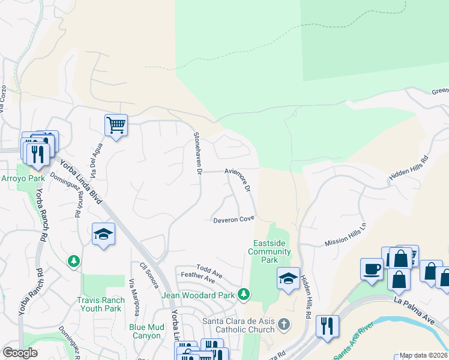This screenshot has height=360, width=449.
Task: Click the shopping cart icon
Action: coord(116,125)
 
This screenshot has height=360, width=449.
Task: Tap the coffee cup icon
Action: coord(372,268)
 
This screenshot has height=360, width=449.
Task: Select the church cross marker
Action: coord(284,325)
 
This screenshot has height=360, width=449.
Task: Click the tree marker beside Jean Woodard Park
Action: coord(243,293)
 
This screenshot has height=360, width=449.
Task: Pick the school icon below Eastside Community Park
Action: coord(288,278)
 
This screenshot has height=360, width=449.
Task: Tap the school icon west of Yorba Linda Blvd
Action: coord(104,234)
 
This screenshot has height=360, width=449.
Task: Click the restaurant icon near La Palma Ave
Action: coord(327,326)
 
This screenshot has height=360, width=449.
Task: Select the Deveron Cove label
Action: coord(234,220)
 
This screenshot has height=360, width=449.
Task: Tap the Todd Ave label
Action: coord(209,271)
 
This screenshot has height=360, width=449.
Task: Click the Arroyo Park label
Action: coord(15,178)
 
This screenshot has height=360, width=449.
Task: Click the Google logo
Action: coord(20,353)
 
